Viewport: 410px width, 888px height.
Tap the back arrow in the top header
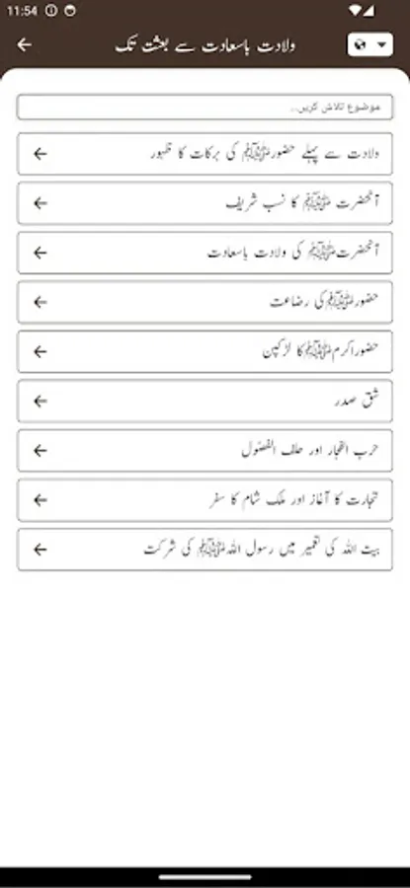(x=25, y=44)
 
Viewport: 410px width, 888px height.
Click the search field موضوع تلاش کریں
(x=205, y=107)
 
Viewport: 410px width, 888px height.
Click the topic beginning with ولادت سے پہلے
(x=277, y=153)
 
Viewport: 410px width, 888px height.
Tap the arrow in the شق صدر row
(x=40, y=401)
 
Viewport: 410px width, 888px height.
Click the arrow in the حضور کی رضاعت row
(x=40, y=302)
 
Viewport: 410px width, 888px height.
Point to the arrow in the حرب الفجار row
(x=40, y=450)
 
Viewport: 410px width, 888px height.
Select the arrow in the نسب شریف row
(x=40, y=202)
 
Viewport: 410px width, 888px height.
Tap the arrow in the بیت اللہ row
(x=40, y=550)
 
